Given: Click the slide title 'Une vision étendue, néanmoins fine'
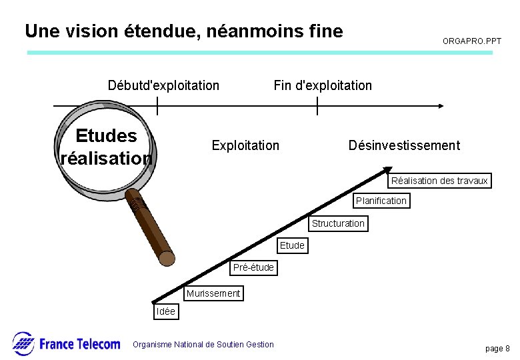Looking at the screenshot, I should coord(183,31).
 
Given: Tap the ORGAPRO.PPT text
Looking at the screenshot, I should coord(472,41).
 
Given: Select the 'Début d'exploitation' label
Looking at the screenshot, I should coord(163,85).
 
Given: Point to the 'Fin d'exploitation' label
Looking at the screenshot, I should coord(323,85).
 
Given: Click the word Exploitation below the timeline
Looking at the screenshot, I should coord(245,145).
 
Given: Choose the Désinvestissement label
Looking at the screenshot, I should coord(404,145).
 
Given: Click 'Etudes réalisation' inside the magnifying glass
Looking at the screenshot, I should coord(107,147).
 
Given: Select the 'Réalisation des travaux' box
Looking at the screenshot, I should coord(439,181).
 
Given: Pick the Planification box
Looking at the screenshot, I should coord(381,201).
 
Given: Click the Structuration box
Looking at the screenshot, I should coord(338,223).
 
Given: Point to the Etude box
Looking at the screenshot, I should coord(292,245).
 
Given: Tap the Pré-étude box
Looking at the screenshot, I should coord(253,267).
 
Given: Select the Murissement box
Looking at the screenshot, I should coord(213,293).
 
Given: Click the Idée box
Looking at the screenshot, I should coord(165,311).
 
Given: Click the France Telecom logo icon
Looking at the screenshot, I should coord(23,343).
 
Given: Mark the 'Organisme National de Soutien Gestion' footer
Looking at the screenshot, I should coord(203,345).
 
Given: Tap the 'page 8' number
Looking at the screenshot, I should coord(497,349).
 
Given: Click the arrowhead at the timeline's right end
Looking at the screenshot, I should coord(440,105).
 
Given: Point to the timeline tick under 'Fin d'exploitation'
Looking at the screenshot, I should coord(317,105).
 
